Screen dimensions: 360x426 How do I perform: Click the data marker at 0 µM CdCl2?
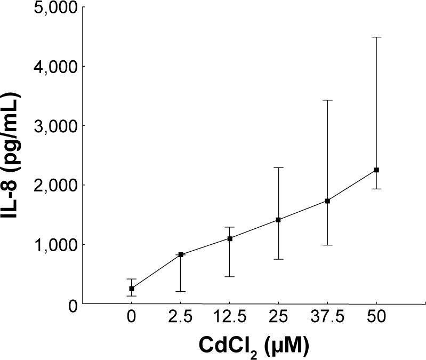(x=132, y=289)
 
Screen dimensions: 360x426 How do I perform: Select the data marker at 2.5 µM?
(x=181, y=254)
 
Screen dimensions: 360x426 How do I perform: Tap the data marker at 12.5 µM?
(x=230, y=238)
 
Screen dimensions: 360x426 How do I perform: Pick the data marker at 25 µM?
(x=278, y=220)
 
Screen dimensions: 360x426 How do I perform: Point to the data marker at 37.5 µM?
(x=327, y=201)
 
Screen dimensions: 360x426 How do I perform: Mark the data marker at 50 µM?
(x=376, y=170)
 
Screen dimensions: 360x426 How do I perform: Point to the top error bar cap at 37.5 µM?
(x=327, y=100)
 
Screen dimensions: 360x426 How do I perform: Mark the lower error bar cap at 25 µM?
(x=278, y=259)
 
